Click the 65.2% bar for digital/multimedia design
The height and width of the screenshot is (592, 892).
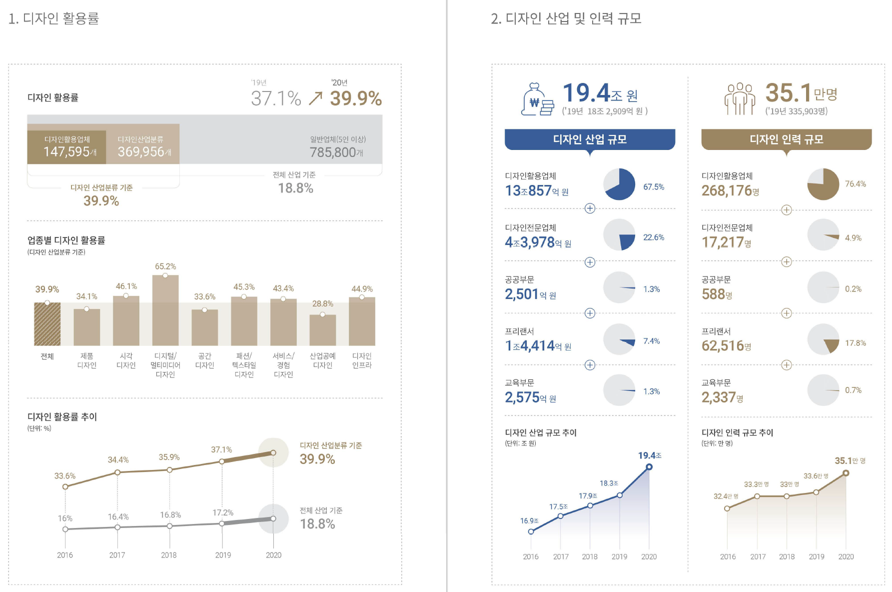point(165,310)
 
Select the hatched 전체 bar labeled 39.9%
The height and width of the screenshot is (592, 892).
point(47,324)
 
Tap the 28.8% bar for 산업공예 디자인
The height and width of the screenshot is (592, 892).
point(322,330)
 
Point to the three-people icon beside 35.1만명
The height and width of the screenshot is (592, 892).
point(740,98)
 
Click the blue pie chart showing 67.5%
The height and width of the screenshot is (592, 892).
point(619,184)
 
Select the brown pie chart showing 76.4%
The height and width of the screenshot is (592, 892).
point(823,184)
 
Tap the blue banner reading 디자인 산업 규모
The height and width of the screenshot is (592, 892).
point(590,139)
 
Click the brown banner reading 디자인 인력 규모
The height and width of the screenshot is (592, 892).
point(786,139)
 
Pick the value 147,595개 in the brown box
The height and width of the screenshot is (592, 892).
point(69,151)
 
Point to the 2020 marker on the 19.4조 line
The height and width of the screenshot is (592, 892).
point(649,467)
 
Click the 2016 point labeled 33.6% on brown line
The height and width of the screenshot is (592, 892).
point(65,486)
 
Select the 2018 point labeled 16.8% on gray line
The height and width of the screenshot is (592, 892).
point(169,526)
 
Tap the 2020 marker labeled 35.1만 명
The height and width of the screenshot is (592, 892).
point(846,473)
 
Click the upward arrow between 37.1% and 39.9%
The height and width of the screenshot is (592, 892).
point(315,98)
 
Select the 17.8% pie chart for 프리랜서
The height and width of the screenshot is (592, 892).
point(823,339)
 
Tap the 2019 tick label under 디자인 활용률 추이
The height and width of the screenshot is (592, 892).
point(223,555)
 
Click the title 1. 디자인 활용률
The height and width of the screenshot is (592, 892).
point(54,18)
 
